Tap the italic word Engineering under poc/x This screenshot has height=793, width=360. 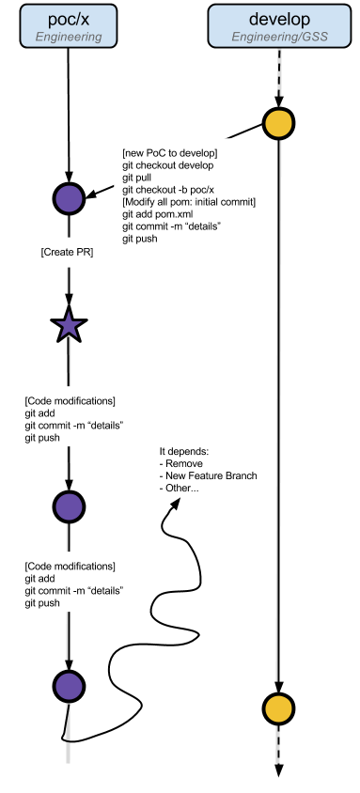[68, 37]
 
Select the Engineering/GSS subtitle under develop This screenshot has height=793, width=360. [278, 37]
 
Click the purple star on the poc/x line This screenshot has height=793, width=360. [69, 326]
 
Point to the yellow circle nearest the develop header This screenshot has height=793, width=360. [278, 123]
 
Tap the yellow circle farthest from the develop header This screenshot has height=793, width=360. [278, 708]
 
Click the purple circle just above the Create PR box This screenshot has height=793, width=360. [69, 198]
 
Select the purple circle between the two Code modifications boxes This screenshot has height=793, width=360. [69, 507]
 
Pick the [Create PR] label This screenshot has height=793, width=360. [68, 253]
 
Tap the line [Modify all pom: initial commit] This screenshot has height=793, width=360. [189, 202]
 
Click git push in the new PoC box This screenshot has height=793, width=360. [140, 239]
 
